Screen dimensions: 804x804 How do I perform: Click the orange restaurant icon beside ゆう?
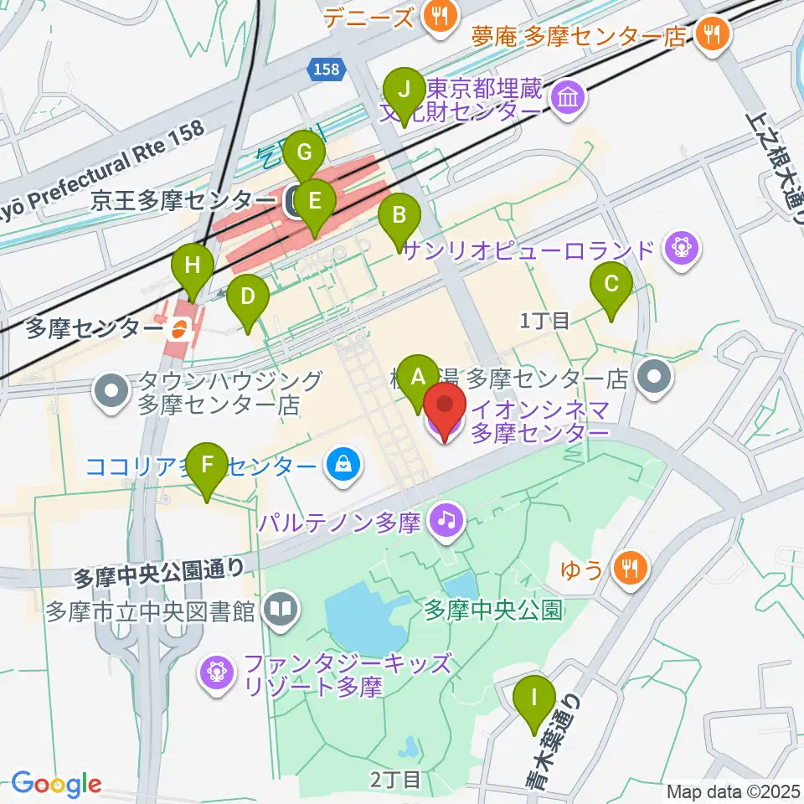(628, 570)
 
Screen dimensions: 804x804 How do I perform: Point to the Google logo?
(56, 784)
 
